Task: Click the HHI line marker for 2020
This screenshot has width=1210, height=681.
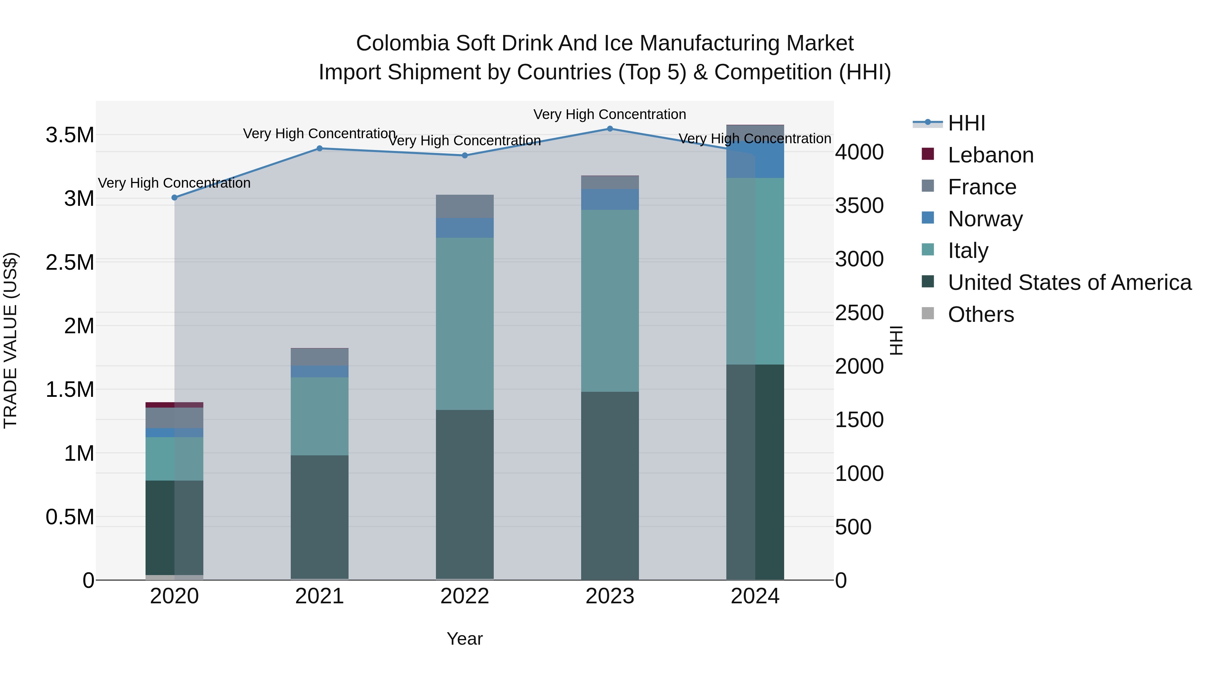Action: coord(174,197)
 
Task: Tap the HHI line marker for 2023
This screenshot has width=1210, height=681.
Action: coord(610,128)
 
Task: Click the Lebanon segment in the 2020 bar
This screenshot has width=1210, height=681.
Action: coord(174,405)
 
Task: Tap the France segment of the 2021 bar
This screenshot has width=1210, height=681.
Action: coord(319,357)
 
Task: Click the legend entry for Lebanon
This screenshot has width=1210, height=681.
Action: coord(990,155)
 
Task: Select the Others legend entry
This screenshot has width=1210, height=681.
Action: coord(980,314)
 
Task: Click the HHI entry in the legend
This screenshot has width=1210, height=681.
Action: coord(966,123)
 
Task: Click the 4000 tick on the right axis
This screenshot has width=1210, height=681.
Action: coord(859,152)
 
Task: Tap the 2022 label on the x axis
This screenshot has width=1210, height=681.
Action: coord(465,596)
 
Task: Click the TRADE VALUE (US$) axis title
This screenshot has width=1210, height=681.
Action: coord(10,340)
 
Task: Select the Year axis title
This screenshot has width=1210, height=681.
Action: coord(465,639)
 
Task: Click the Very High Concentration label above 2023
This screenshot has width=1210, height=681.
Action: coord(610,114)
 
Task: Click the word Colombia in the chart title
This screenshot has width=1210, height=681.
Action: coord(403,43)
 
